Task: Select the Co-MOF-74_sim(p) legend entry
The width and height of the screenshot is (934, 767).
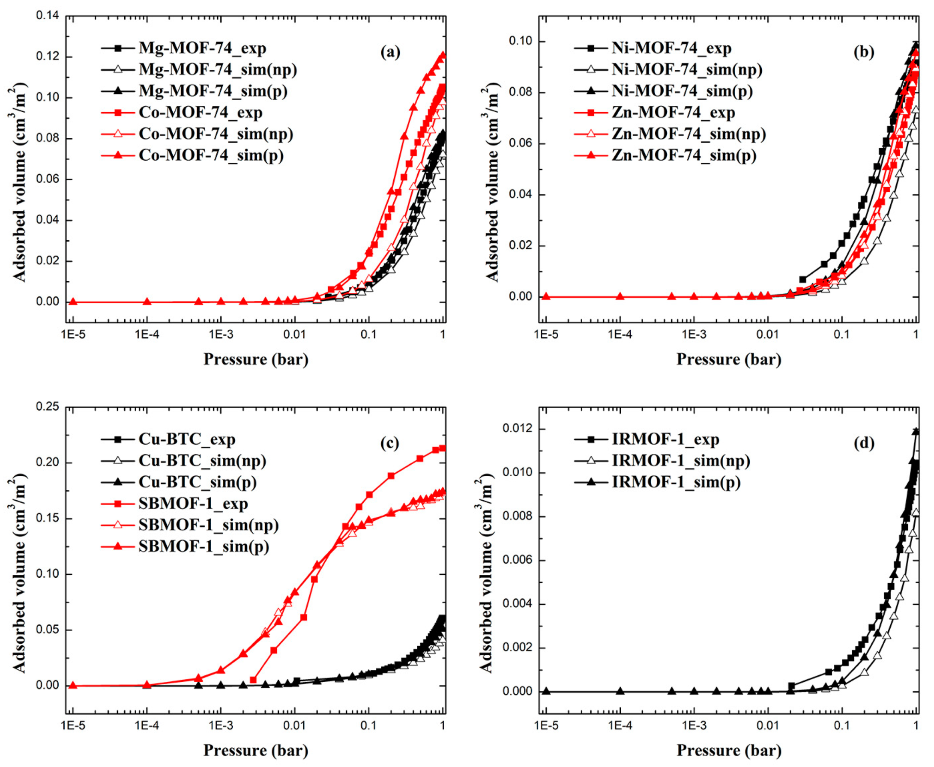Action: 211,155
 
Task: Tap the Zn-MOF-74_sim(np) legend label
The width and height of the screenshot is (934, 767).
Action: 688,134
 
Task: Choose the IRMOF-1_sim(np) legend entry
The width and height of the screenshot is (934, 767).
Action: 681,461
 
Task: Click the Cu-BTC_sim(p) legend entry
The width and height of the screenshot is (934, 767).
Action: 197,482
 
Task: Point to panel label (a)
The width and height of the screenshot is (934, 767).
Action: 390,52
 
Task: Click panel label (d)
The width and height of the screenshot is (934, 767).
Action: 864,443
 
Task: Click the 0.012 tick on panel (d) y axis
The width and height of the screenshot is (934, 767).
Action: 517,429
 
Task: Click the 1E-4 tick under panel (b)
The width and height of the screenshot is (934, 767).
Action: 620,334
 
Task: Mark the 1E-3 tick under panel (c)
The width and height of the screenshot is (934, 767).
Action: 221,725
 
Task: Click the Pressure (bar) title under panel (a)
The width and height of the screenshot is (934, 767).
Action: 255,359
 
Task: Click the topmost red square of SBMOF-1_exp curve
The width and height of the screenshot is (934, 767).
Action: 442,448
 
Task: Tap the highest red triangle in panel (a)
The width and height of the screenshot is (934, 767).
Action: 442,55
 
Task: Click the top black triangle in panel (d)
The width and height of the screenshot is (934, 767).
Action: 916,431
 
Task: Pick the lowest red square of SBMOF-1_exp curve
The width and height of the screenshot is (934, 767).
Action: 253,680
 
